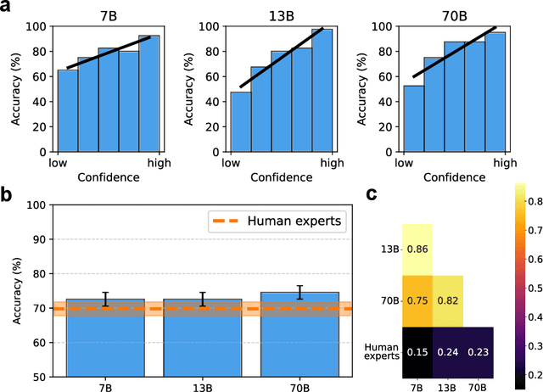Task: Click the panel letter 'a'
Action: point(7,8)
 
